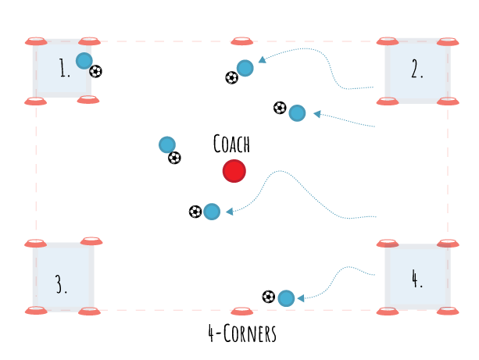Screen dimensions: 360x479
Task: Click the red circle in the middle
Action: click(234, 171)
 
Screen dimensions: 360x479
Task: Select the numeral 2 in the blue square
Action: click(417, 70)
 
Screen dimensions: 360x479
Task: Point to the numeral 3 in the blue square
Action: click(61, 283)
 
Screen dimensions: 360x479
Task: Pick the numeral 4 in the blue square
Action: click(416, 278)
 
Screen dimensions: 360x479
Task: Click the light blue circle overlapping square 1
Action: click(84, 60)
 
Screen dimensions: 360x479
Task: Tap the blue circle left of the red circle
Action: click(167, 144)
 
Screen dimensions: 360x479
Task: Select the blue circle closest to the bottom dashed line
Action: click(286, 298)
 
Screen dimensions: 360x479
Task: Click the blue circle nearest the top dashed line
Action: click(245, 68)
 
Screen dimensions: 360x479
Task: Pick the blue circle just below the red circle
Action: click(212, 211)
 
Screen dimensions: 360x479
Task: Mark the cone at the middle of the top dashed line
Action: click(241, 41)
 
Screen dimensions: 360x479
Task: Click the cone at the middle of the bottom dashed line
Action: click(241, 311)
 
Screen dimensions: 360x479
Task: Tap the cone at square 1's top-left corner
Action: click(36, 41)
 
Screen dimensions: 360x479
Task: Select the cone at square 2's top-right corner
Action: click(447, 42)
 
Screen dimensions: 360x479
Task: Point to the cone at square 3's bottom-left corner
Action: click(36, 310)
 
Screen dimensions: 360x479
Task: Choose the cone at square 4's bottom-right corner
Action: click(447, 310)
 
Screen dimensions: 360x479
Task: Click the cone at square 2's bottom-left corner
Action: click(388, 101)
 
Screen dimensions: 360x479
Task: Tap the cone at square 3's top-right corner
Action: click(91, 241)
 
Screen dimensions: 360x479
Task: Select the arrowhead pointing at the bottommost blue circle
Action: click(301, 298)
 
